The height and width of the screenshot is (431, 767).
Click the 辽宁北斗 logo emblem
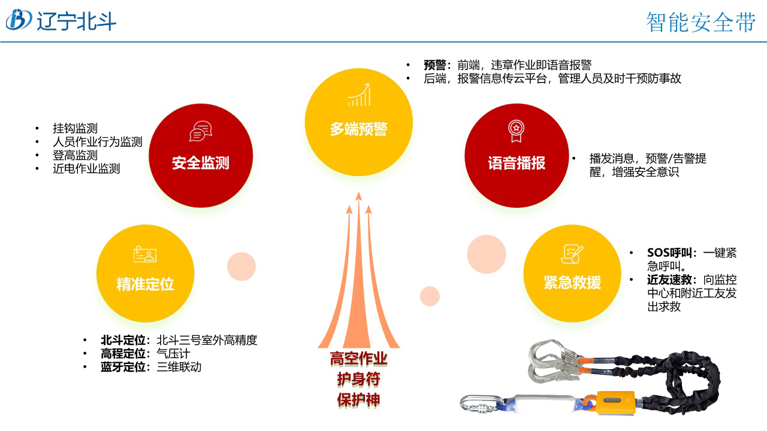[19, 20]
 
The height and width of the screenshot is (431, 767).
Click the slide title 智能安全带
[700, 22]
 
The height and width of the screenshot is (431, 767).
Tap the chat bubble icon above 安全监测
[201, 131]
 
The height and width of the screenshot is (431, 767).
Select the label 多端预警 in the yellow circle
[358, 129]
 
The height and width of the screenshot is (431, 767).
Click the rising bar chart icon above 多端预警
[358, 95]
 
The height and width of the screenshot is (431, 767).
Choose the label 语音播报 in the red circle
[517, 163]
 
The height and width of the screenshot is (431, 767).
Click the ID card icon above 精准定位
[145, 254]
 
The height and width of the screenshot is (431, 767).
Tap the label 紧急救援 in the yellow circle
[572, 283]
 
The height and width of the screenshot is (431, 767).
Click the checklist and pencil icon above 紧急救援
[572, 253]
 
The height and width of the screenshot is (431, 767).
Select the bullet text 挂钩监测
[75, 128]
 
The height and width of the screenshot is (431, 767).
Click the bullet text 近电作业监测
[86, 169]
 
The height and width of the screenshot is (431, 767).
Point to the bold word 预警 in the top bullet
[436, 65]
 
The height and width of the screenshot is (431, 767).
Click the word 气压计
[173, 354]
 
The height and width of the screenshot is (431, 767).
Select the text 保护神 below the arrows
[358, 400]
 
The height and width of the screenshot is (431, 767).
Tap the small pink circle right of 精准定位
[241, 266]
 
